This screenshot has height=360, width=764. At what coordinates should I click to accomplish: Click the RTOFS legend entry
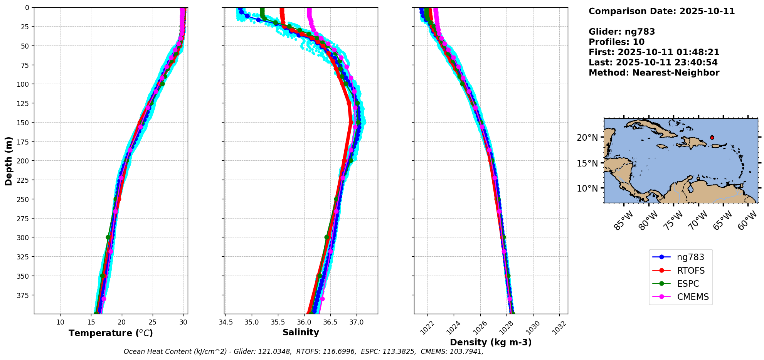[x=690, y=271]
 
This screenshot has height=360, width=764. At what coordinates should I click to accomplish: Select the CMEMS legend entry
[x=693, y=297]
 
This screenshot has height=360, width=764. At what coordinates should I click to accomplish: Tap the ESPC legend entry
[x=688, y=284]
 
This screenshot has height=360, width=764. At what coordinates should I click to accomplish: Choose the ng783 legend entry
[x=690, y=257]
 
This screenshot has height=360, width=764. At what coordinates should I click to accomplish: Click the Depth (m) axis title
[x=8, y=161]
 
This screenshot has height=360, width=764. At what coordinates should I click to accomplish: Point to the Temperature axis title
[x=111, y=333]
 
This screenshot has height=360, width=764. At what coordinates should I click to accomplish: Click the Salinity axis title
[x=301, y=332]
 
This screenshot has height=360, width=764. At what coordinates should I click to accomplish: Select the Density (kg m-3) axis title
[x=491, y=342]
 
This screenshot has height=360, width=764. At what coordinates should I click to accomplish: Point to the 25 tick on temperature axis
[x=152, y=322]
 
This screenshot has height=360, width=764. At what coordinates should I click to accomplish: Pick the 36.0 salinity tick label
[x=304, y=322]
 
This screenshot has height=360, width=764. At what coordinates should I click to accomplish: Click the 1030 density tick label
[x=533, y=328]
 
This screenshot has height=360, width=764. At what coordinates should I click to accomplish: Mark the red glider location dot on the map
[x=712, y=138]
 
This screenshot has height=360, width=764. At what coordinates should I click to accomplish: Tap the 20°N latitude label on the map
[x=587, y=138]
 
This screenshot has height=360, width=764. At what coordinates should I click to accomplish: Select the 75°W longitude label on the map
[x=673, y=221]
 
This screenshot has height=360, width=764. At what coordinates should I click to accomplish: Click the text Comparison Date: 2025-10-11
[x=661, y=11]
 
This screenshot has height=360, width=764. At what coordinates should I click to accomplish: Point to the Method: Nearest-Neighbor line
[x=654, y=73]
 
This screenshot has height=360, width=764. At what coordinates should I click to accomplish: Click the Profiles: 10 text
[x=616, y=42]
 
